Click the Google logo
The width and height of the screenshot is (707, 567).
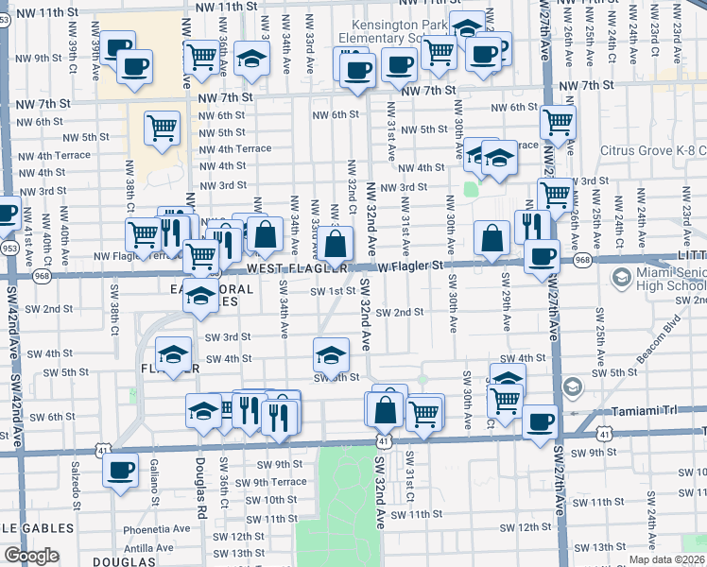pos(31,556)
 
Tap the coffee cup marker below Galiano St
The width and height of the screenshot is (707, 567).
pos(121,470)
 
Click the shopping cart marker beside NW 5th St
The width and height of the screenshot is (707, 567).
pos(163,127)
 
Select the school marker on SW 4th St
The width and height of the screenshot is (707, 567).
pos(330,355)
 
